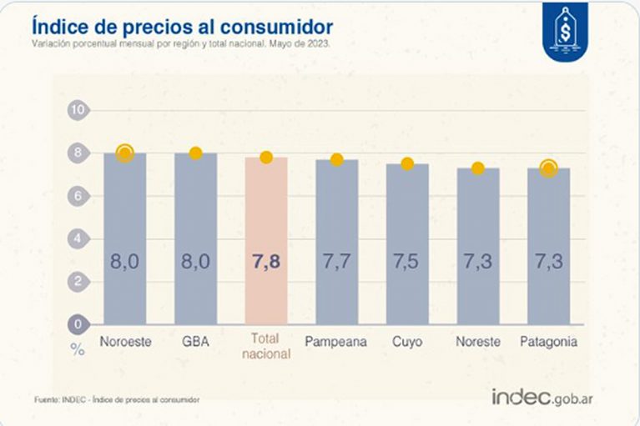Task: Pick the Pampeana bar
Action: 336,241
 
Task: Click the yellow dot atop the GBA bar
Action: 195,153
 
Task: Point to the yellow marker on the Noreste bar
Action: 477,168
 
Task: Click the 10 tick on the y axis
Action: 78,110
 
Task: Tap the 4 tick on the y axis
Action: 78,238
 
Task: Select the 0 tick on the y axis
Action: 78,323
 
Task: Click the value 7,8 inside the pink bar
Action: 266,261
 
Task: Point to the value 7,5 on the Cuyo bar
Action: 407,261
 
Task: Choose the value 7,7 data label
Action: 336,261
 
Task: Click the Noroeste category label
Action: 124,342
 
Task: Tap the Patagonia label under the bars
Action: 547,342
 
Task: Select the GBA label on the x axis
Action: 195,342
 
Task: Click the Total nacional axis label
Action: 266,347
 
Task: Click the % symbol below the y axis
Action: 78,349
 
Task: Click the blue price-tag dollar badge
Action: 565,31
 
